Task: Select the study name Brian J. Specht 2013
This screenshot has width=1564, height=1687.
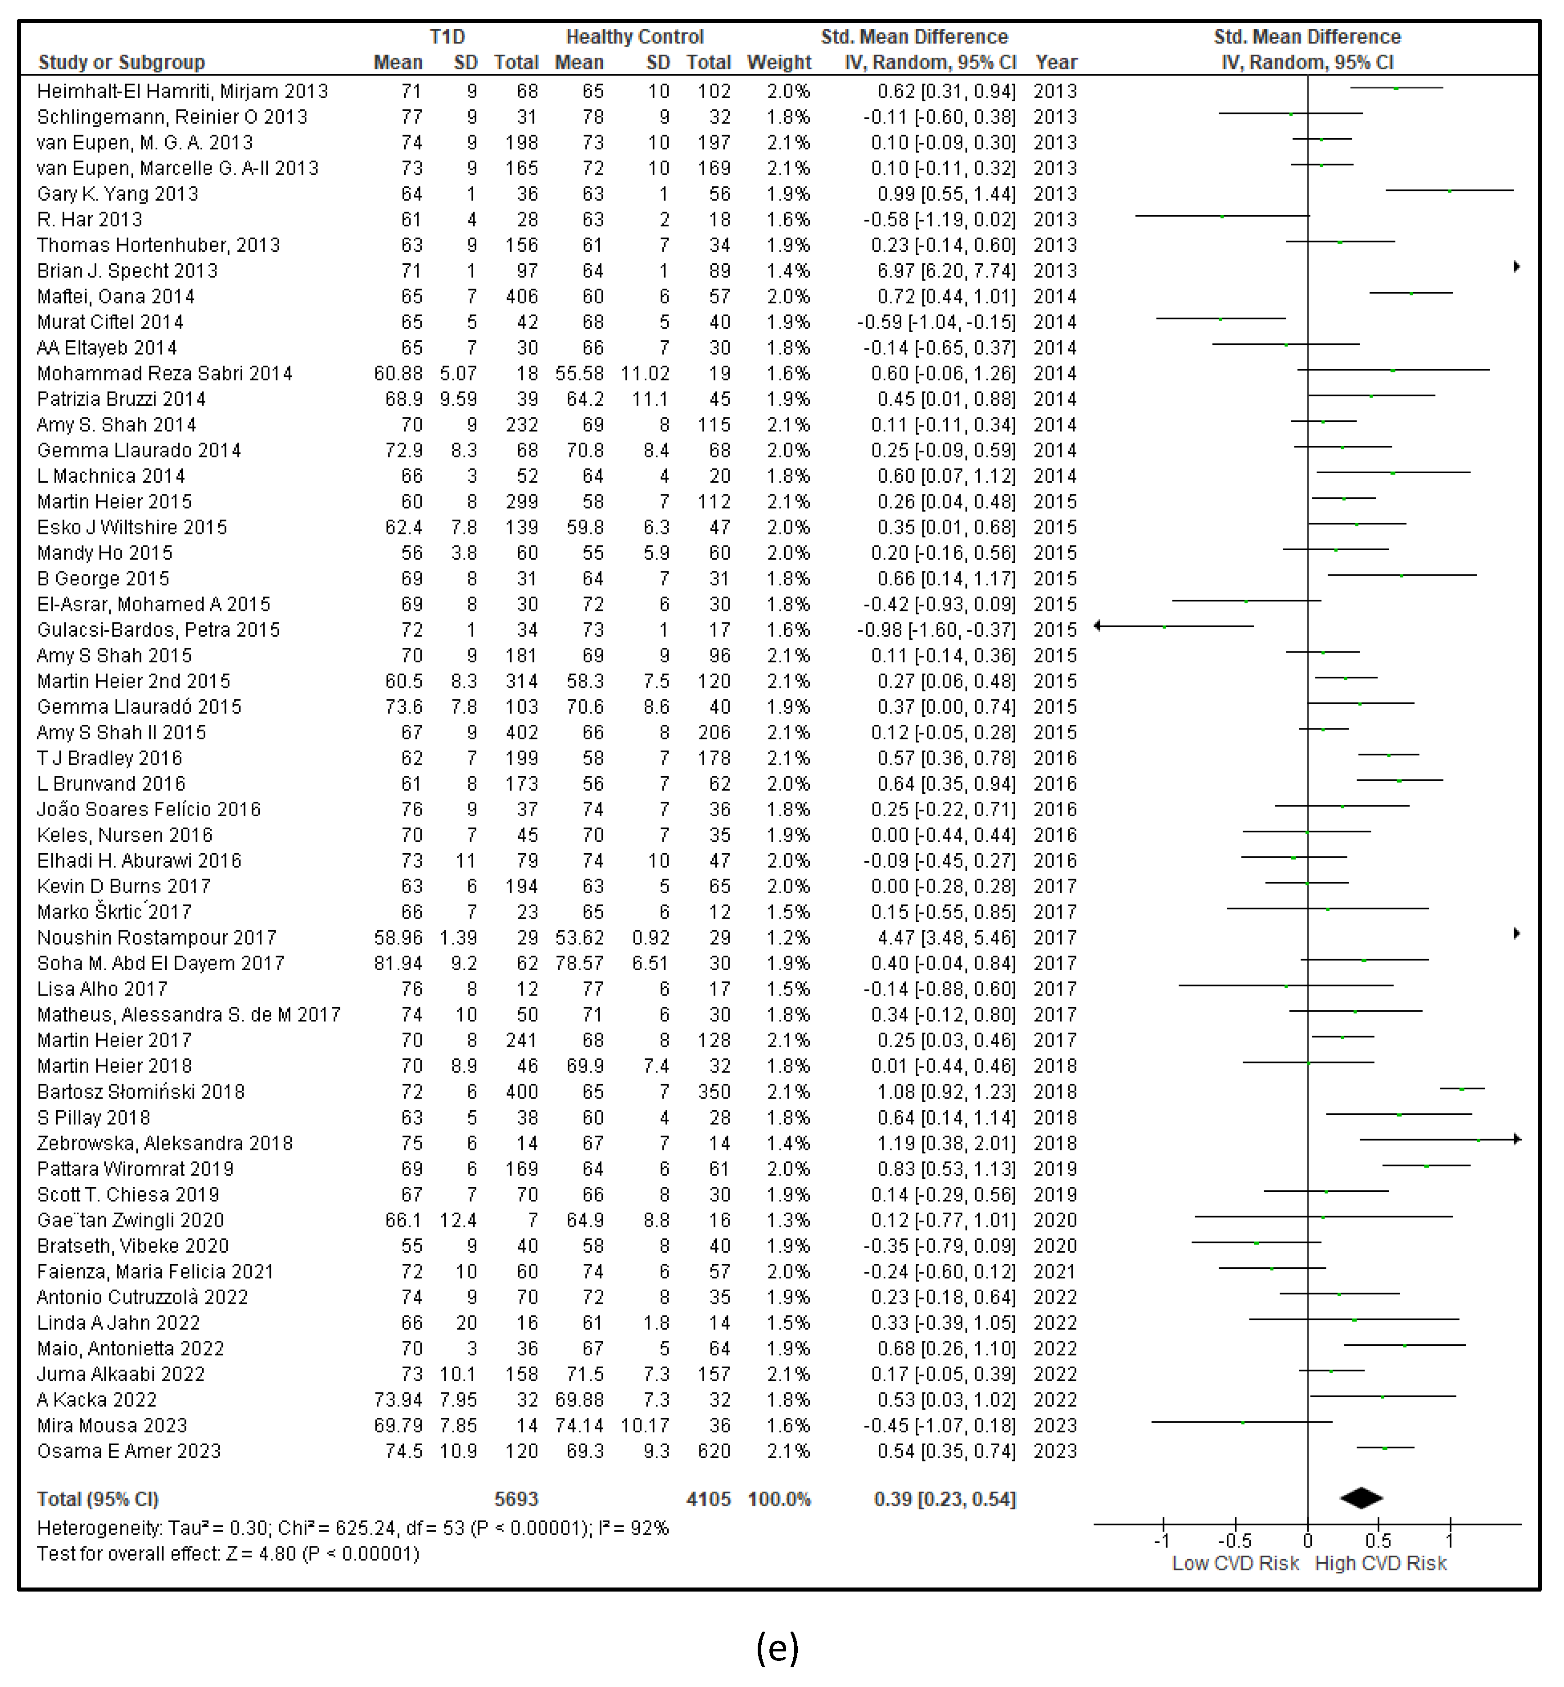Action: tap(127, 271)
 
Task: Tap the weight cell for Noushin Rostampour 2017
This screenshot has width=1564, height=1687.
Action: tap(788, 938)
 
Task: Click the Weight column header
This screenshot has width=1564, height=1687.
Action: tap(778, 63)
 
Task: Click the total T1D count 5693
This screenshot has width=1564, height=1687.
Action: tap(516, 1499)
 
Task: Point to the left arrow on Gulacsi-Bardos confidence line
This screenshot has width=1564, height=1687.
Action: tap(1098, 625)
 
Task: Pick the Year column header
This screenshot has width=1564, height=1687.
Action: tap(1056, 63)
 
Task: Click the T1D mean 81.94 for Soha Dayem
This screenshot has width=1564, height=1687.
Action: tap(398, 963)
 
